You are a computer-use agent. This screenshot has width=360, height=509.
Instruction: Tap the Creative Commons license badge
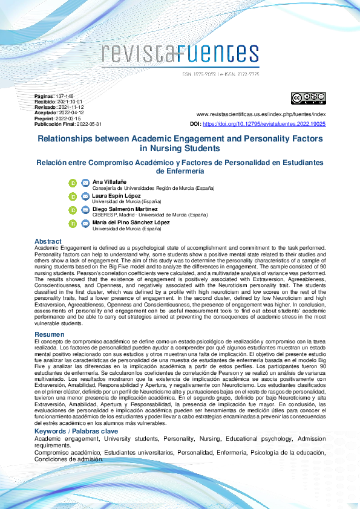click(x=309, y=99)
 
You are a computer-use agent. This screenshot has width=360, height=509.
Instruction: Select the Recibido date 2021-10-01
click(x=70, y=102)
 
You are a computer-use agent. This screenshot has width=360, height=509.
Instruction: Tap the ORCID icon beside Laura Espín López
click(x=73, y=196)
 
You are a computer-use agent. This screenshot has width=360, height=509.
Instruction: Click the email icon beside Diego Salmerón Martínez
click(x=85, y=210)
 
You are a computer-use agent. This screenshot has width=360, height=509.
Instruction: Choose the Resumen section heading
click(x=49, y=334)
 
